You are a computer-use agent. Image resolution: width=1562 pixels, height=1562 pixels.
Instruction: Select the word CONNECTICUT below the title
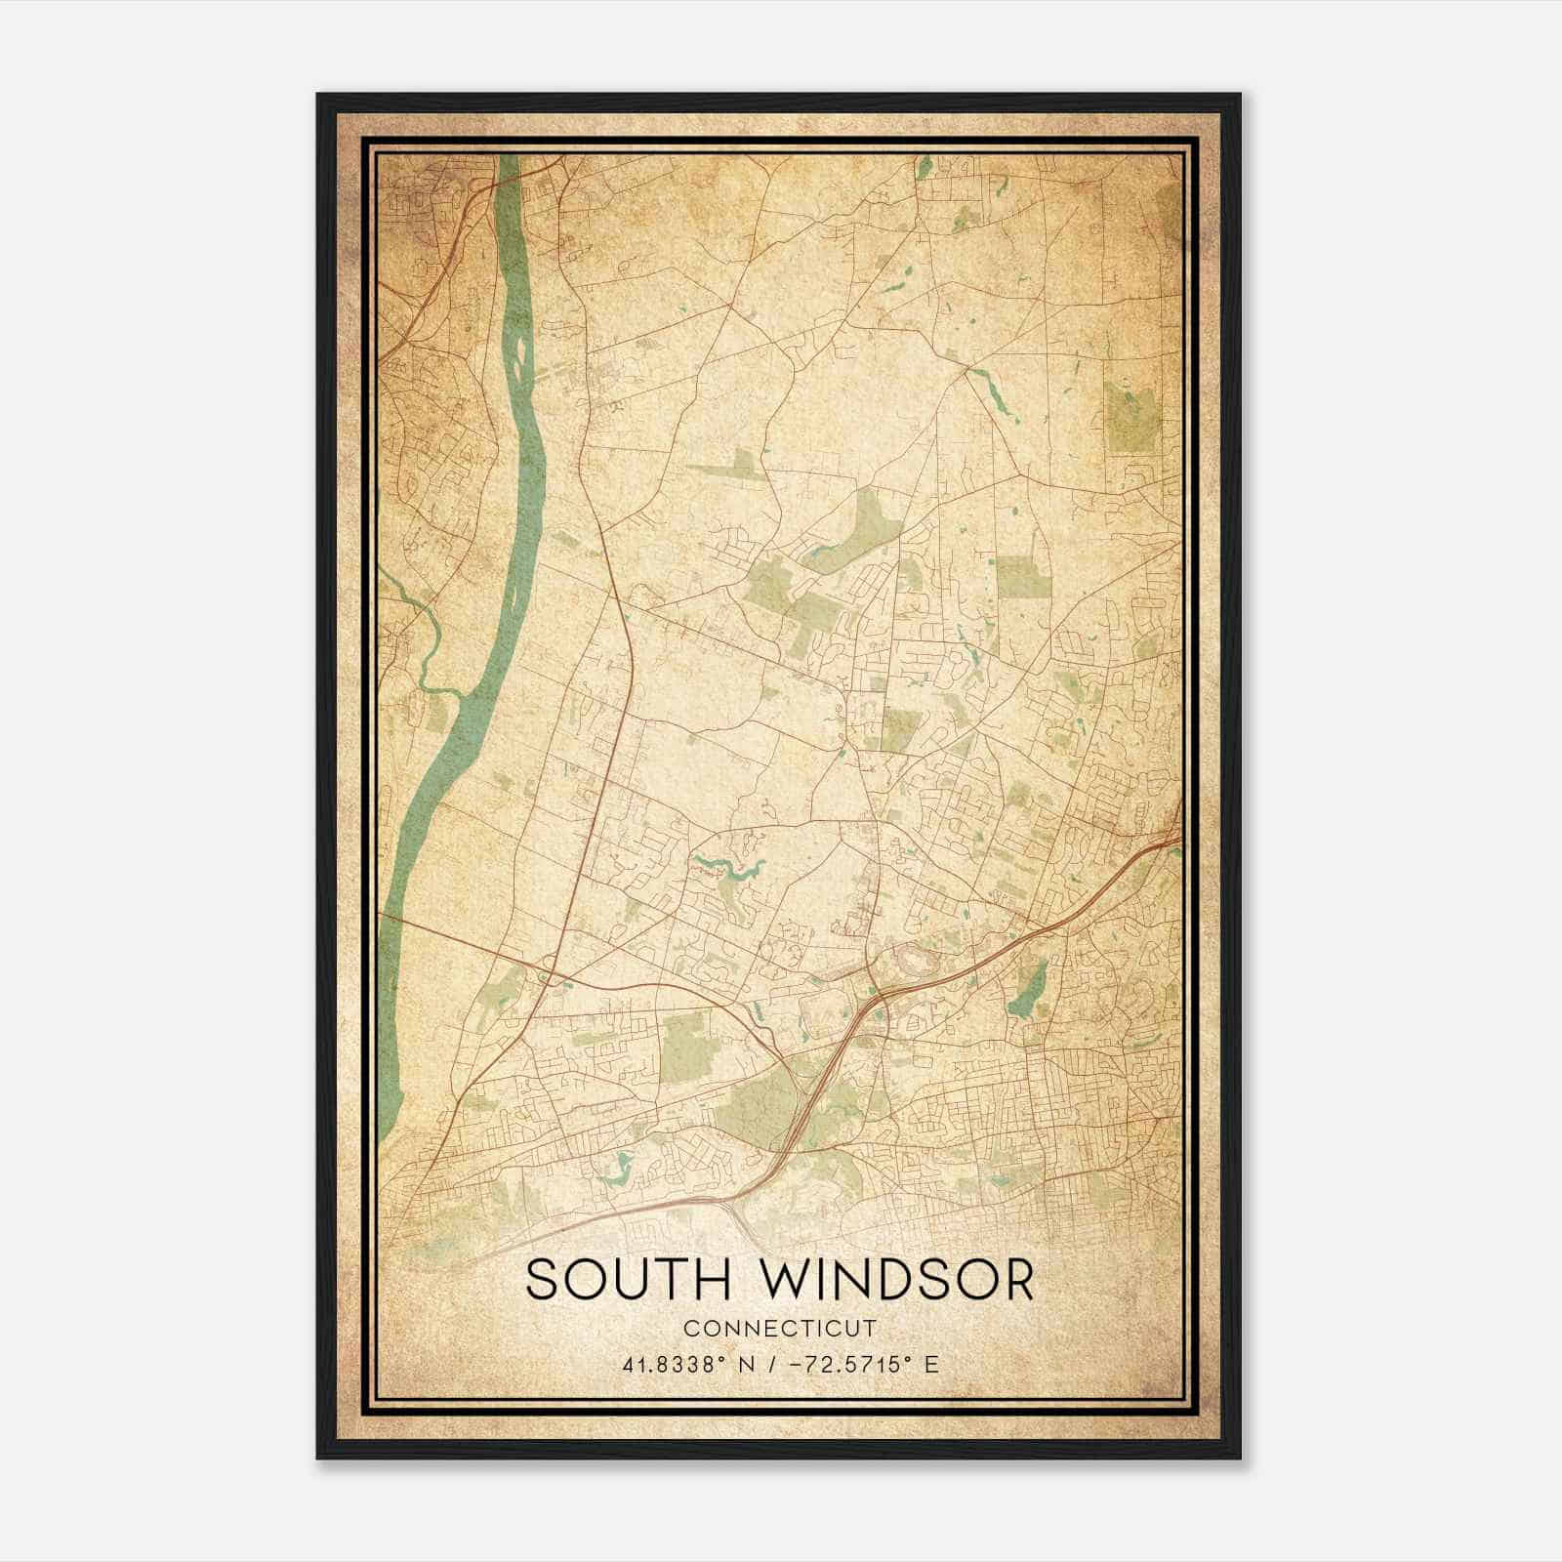click(780, 1329)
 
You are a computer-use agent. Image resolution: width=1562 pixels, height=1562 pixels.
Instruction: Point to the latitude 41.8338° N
click(684, 1365)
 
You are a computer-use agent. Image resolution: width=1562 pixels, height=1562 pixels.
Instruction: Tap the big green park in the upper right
click(1129, 415)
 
